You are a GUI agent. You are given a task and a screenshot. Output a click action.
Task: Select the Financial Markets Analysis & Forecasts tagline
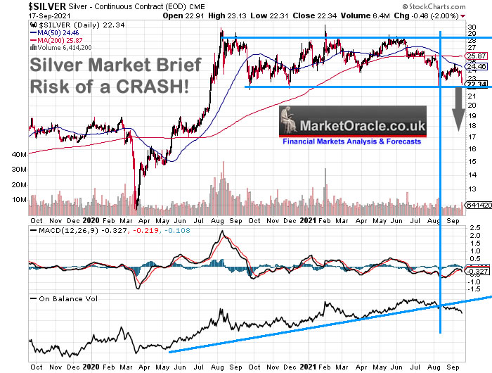[351, 141]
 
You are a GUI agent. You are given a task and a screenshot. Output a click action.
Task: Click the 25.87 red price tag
[476, 56]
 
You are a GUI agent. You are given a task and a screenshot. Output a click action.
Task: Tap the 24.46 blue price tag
[476, 67]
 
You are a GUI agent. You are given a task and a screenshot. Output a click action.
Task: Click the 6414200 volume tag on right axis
[476, 205]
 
